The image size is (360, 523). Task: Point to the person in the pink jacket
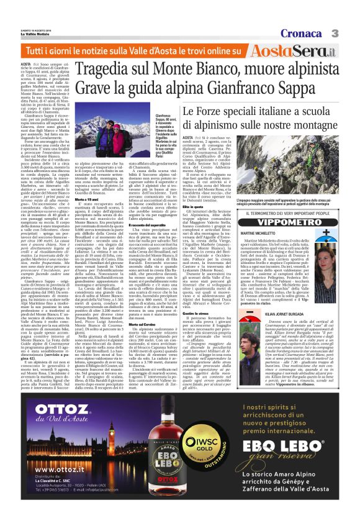pyautogui.click(x=119, y=137)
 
